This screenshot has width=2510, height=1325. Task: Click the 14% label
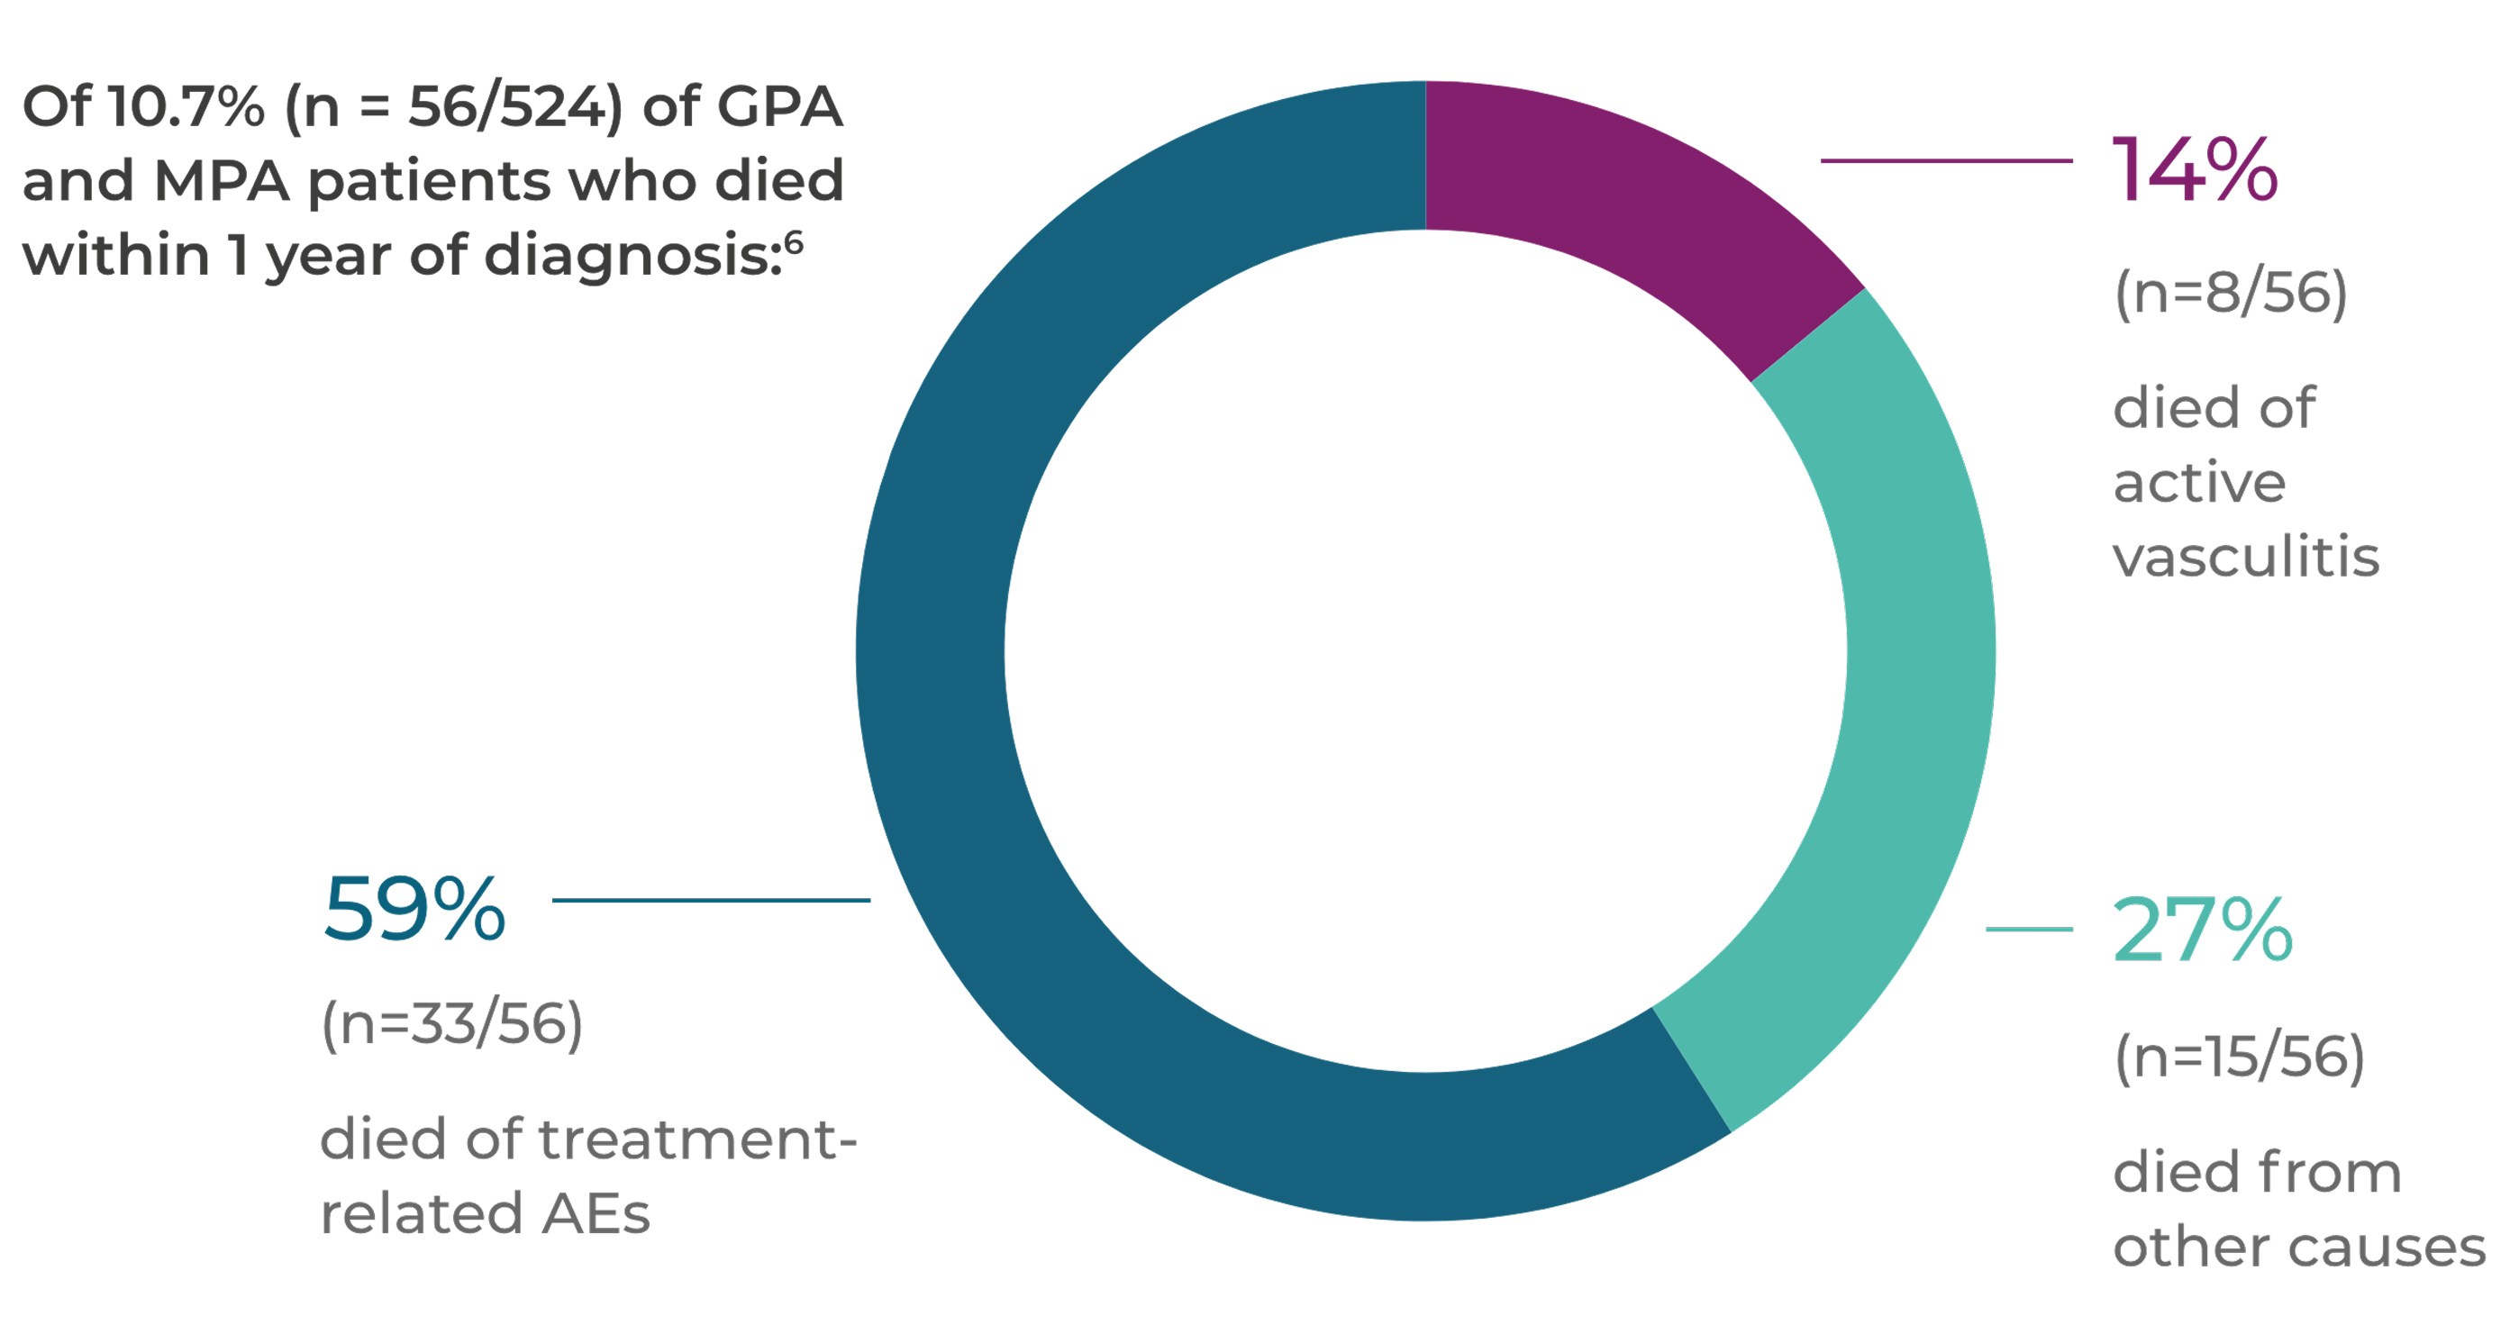pyautogui.click(x=2195, y=171)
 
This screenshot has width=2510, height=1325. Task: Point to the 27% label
pyautogui.click(x=2202, y=930)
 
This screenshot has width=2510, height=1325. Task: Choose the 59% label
pyautogui.click(x=414, y=910)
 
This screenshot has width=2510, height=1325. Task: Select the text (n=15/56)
pyautogui.click(x=2239, y=1057)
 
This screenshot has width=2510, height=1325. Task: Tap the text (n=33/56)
pyautogui.click(x=452, y=1025)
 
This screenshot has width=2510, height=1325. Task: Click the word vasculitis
pyautogui.click(x=2246, y=558)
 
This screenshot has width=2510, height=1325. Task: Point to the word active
pyautogui.click(x=2199, y=483)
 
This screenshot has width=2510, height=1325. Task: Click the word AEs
pyautogui.click(x=596, y=1215)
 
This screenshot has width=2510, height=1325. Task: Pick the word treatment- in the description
pyautogui.click(x=697, y=1139)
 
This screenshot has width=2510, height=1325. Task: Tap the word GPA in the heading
pyautogui.click(x=779, y=106)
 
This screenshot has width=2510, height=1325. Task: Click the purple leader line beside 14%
pyautogui.click(x=1946, y=160)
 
